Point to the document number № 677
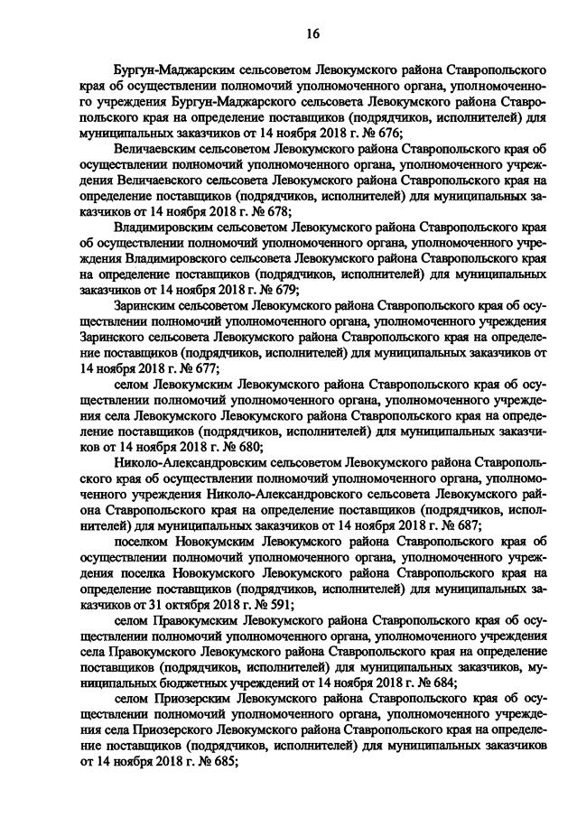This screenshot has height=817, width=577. point(198,369)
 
